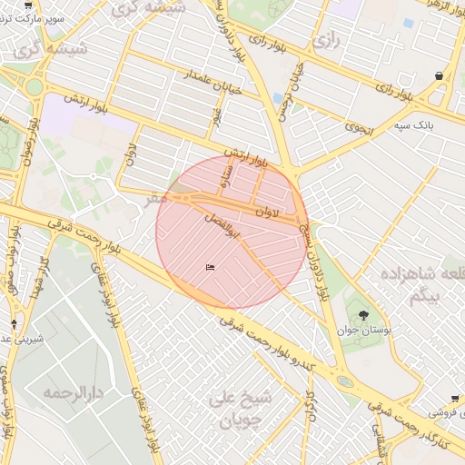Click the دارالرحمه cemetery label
coord(72,393)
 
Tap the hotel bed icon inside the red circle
coord(211,267)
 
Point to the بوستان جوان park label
coord(364,331)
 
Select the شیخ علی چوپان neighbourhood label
coord(235,409)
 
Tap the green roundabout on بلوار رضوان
coord(35,87)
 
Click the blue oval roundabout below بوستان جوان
coord(345,381)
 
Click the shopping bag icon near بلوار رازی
coord(440,76)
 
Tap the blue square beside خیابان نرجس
coord(277,98)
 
